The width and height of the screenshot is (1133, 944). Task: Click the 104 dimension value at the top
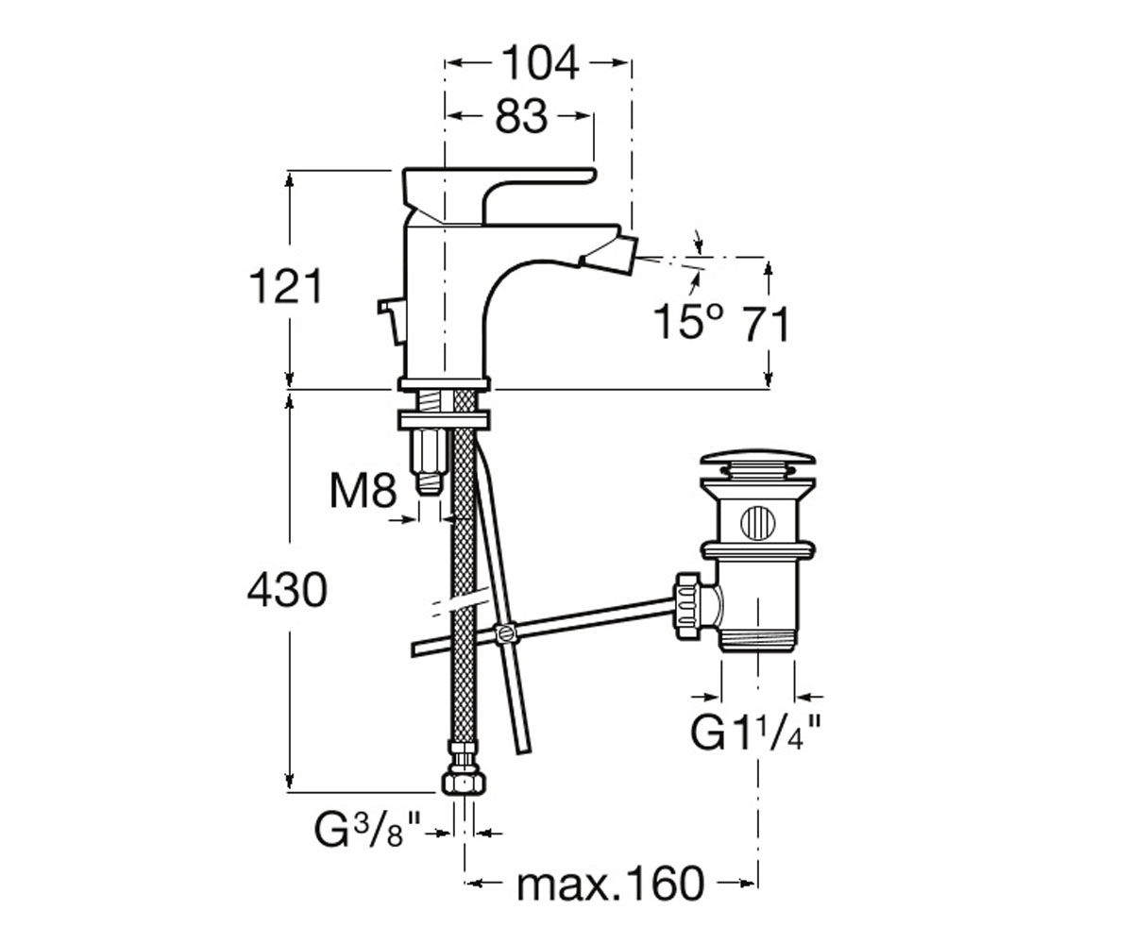tap(540, 63)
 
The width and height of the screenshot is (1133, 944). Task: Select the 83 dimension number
tap(521, 117)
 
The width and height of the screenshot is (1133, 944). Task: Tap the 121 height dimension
tap(286, 286)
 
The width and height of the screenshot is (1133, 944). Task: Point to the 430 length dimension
tap(287, 590)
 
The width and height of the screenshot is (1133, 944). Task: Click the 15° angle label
tap(688, 322)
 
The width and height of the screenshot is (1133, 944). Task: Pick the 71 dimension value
tap(765, 324)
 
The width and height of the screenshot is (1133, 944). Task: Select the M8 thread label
tap(364, 492)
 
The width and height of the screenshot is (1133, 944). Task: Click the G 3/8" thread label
tap(367, 831)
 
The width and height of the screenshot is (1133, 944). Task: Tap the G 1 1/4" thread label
tap(754, 732)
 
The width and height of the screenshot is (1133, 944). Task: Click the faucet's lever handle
tap(499, 195)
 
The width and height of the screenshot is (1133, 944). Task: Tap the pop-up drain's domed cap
tap(757, 458)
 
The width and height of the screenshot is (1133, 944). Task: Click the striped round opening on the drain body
tap(758, 523)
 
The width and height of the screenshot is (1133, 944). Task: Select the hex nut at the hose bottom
tap(464, 783)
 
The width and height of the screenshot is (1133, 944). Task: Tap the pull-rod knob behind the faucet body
tap(392, 320)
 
